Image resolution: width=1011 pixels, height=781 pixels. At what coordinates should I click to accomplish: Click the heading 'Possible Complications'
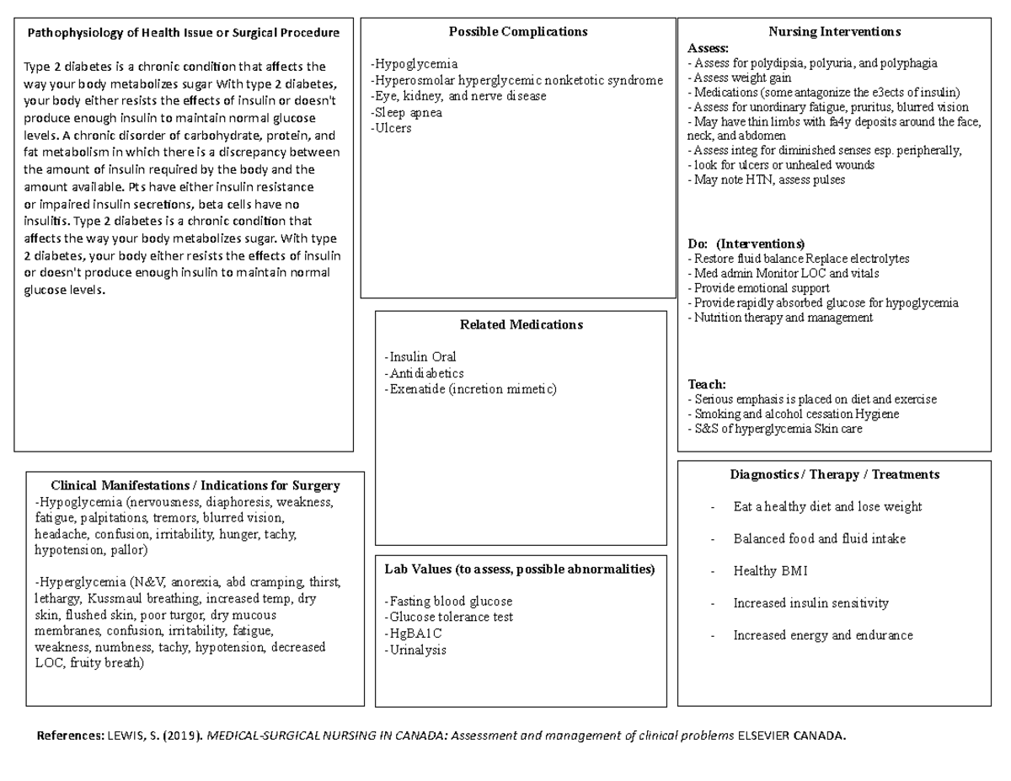click(517, 32)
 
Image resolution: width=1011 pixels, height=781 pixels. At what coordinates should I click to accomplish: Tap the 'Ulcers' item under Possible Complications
click(392, 129)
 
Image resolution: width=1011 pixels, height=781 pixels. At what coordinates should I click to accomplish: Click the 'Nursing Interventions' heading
click(834, 32)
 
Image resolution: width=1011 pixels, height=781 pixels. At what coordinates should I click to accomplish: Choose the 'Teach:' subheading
click(707, 384)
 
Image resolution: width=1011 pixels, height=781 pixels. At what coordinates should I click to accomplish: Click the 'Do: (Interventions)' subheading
click(746, 244)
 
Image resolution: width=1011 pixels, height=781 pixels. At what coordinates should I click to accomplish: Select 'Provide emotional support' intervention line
click(758, 288)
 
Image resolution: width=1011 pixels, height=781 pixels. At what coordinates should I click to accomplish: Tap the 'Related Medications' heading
click(521, 324)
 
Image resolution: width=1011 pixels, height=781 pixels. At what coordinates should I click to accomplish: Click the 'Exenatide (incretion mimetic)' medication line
click(471, 389)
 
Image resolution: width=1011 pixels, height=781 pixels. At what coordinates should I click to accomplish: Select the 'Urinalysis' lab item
click(415, 650)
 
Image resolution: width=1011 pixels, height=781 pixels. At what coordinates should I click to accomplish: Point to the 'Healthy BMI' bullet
click(770, 571)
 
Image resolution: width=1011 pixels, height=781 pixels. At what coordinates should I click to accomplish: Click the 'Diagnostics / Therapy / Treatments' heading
click(834, 474)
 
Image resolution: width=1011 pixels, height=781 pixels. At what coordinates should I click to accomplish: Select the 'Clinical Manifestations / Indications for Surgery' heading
click(195, 485)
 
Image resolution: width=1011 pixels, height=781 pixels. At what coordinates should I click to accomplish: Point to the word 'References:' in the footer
click(70, 736)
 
